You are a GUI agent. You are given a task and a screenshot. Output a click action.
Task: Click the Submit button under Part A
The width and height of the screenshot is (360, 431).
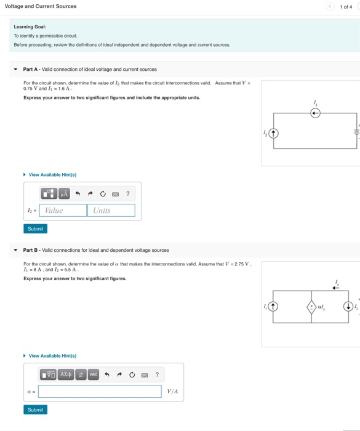pyautogui.click(x=36, y=228)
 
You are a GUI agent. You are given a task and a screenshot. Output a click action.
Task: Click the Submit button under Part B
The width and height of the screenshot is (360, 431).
pyautogui.click(x=36, y=409)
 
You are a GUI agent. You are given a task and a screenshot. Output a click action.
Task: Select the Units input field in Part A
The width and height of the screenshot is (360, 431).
pyautogui.click(x=112, y=211)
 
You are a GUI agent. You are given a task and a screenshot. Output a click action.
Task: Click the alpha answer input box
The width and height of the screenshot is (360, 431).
pyautogui.click(x=100, y=392)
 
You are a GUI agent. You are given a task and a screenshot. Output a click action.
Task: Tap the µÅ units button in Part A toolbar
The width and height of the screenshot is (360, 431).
pyautogui.click(x=64, y=194)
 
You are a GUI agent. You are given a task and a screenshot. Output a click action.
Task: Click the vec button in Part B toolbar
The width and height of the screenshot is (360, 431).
pyautogui.click(x=93, y=374)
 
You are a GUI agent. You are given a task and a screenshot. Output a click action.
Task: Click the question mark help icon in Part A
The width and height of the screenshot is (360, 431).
pyautogui.click(x=127, y=194)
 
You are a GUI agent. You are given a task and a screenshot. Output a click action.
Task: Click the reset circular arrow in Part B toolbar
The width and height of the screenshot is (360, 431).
pyautogui.click(x=132, y=374)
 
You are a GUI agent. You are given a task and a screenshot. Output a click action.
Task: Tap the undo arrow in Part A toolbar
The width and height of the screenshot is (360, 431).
pyautogui.click(x=78, y=194)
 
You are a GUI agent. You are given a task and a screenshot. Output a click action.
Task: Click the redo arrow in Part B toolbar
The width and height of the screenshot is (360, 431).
pyautogui.click(x=119, y=374)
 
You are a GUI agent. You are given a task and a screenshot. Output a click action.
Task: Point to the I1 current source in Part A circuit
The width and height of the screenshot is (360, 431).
pyautogui.click(x=315, y=113)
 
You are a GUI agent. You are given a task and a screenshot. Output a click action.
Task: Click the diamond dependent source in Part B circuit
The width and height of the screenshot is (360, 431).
pyautogui.click(x=312, y=306)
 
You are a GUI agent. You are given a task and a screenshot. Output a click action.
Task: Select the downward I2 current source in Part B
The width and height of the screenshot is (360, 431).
pyautogui.click(x=349, y=306)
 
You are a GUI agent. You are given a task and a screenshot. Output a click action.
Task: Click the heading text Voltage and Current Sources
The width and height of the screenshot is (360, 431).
pyautogui.click(x=41, y=6)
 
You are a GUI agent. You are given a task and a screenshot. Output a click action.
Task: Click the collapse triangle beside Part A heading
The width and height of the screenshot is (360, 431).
pyautogui.click(x=15, y=70)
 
